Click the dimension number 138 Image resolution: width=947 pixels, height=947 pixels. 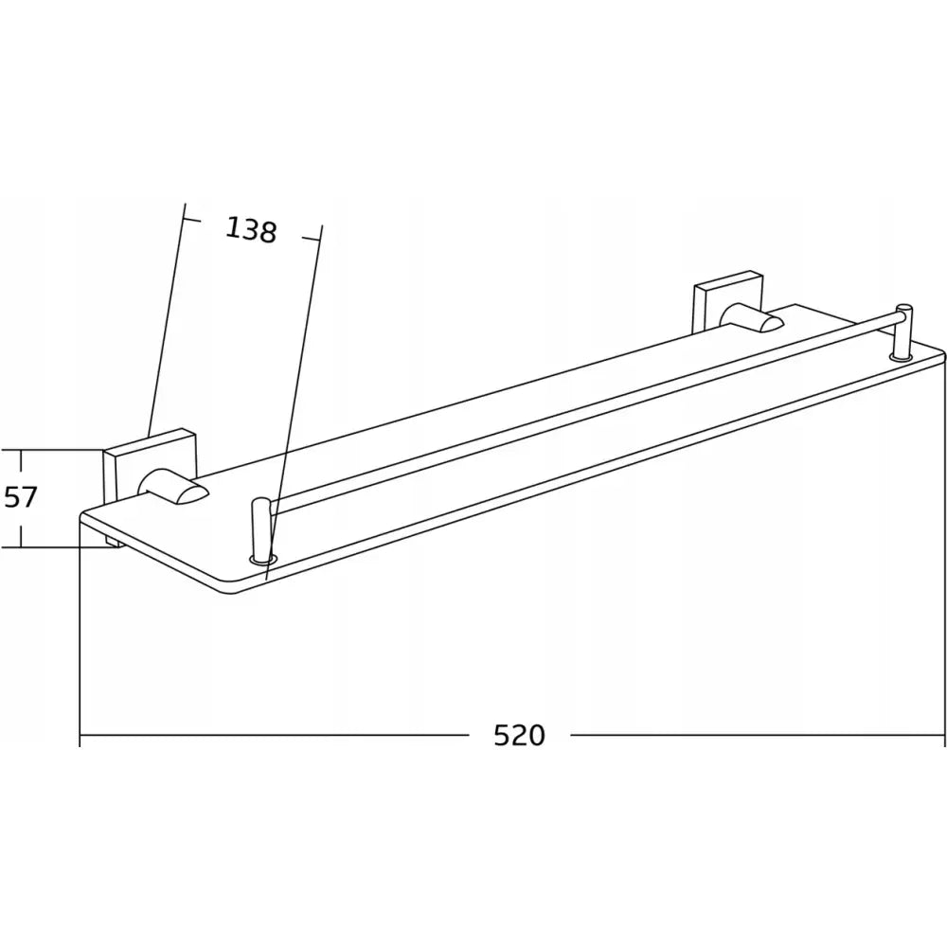click(x=251, y=229)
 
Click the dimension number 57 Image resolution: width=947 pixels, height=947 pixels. click(x=20, y=496)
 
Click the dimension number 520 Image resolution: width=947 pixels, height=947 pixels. click(x=520, y=735)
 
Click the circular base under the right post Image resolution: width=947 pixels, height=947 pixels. click(x=901, y=357)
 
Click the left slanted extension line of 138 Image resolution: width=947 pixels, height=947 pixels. click(x=165, y=322)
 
